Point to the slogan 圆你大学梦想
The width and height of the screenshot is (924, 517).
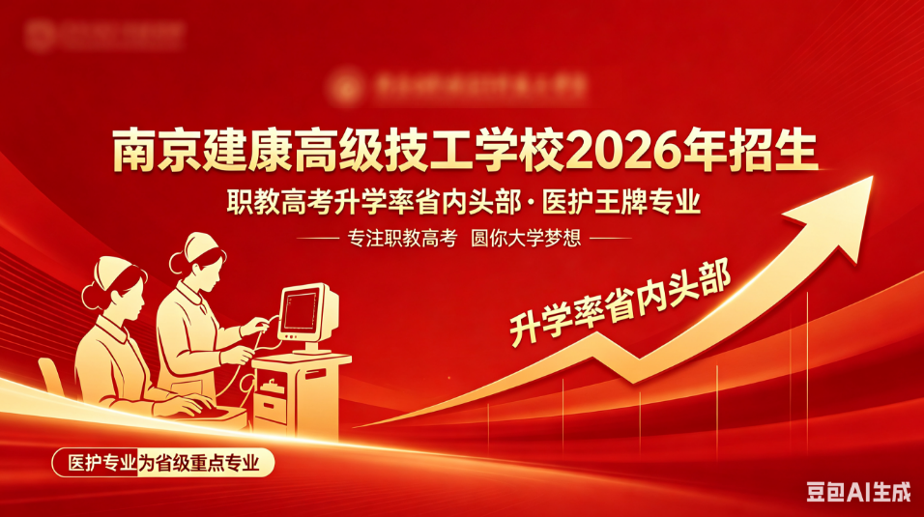pos(526,239)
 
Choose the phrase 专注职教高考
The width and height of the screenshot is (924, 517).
pos(400,239)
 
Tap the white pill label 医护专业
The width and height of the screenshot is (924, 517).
pos(97,463)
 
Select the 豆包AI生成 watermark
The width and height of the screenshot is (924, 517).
pos(858,494)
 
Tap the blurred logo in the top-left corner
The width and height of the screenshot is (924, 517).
pos(101,36)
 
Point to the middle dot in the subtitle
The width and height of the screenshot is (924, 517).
pos(530,204)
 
